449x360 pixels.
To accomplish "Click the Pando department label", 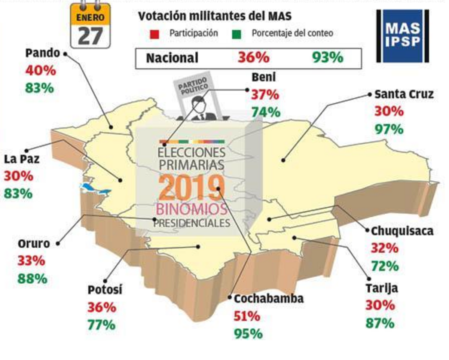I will coord(43,53).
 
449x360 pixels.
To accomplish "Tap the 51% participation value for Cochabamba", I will coord(247,316).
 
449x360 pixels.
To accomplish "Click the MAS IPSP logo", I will coord(402,36).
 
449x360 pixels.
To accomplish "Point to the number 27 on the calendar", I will coord(90,36).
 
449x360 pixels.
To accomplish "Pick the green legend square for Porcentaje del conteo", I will coord(237,34).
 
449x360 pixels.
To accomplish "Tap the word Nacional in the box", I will coord(172,58).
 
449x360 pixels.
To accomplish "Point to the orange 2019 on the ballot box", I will coord(192,187).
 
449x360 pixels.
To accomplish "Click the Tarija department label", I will coord(382,289).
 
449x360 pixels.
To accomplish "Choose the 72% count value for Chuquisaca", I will coord(385,266).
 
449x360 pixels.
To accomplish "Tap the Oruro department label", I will coord(34,244).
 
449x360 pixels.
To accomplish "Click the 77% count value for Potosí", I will coord(101,325).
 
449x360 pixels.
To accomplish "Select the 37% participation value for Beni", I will coord(265,95).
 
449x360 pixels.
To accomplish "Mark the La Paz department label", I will coord(22,159).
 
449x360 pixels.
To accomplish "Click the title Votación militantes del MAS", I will coord(215,16).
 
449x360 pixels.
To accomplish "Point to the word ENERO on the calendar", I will coord(90,17).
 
